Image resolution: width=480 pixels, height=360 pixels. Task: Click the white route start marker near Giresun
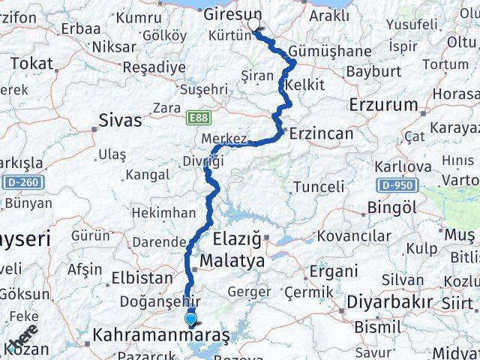point(254,25)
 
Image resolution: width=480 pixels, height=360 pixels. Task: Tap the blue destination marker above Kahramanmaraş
point(191,319)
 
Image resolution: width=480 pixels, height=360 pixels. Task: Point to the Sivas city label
point(120,120)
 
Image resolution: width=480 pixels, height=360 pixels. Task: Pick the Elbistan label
point(142,277)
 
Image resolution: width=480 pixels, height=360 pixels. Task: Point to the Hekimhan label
point(163,213)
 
